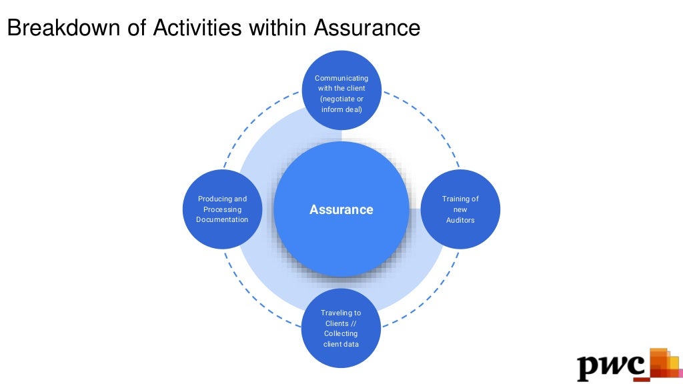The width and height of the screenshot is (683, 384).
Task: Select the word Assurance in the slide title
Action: click(367, 28)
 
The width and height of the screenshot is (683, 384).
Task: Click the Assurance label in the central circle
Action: click(341, 210)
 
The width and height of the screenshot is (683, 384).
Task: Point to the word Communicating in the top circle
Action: click(341, 78)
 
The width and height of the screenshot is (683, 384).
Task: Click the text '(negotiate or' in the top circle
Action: click(341, 99)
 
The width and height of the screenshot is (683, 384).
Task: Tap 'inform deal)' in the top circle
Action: click(341, 109)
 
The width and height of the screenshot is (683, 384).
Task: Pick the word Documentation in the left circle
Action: click(222, 220)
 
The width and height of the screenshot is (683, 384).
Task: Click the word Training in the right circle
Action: click(456, 199)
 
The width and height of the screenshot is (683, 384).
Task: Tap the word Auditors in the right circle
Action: click(460, 220)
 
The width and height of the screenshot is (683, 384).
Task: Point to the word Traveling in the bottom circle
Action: click(336, 313)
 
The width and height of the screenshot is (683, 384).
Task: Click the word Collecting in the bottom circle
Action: click(341, 333)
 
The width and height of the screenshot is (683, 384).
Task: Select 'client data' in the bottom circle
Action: click(341, 344)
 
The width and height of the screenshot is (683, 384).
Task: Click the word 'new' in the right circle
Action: click(460, 209)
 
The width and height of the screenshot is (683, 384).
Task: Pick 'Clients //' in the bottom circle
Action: click(341, 323)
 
